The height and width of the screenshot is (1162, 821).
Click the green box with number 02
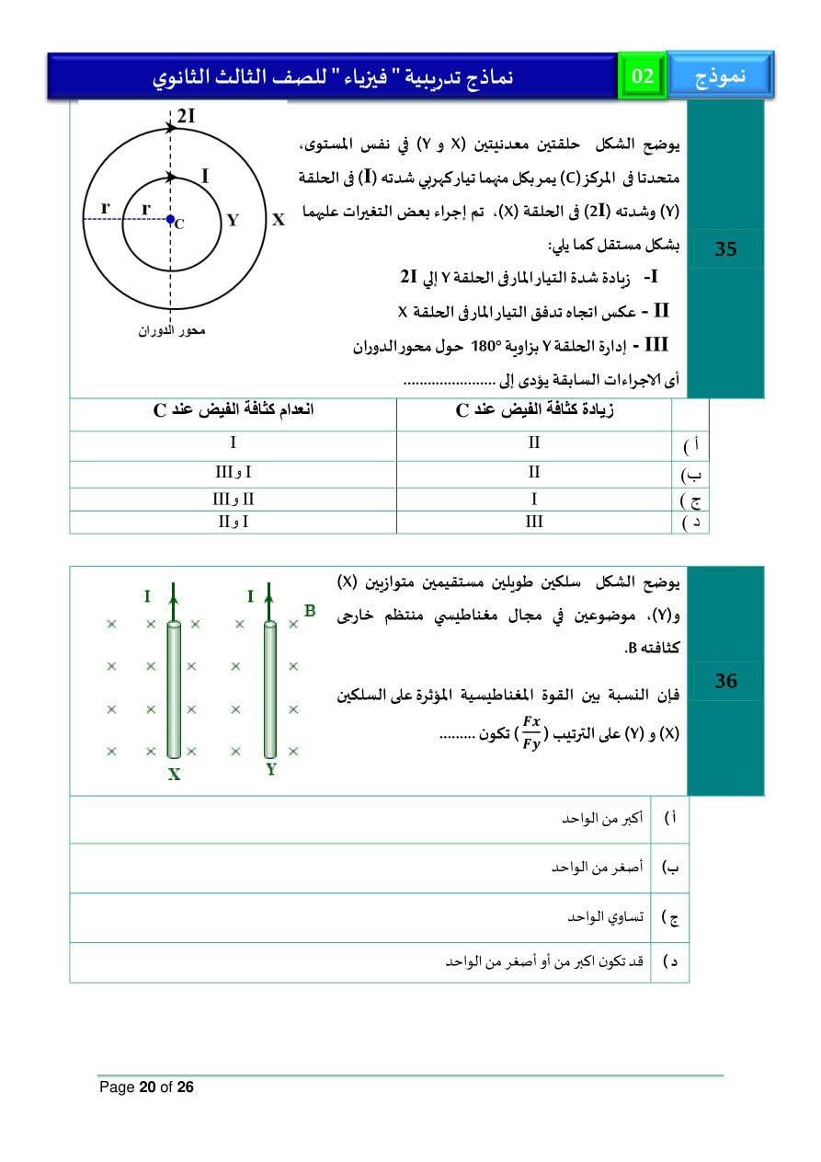click(x=643, y=76)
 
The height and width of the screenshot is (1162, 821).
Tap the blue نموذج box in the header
click(x=720, y=76)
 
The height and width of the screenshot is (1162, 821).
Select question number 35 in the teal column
click(x=725, y=248)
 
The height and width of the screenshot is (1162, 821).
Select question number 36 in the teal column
click(x=725, y=681)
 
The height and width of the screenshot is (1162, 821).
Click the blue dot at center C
click(x=170, y=219)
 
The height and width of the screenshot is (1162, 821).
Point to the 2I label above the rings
click(x=187, y=116)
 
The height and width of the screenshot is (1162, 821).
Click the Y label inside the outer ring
click(x=233, y=220)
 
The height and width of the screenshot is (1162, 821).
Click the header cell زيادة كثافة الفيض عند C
click(x=534, y=410)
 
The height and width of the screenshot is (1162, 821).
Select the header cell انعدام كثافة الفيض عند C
click(x=233, y=410)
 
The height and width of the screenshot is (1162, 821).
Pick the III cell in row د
click(x=534, y=522)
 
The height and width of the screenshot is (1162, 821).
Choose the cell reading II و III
click(x=233, y=499)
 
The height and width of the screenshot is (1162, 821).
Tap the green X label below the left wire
click(x=174, y=775)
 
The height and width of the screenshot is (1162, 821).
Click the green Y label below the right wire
click(x=271, y=769)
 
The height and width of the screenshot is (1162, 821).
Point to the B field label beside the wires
click(x=310, y=609)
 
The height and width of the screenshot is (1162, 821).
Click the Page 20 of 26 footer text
click(x=147, y=1087)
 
